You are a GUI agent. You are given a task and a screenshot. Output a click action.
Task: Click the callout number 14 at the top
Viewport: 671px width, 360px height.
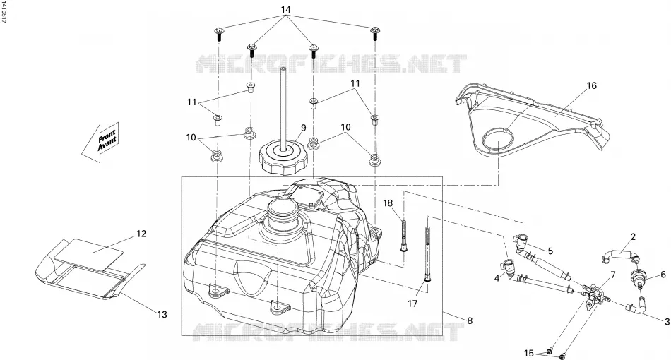[x=286, y=9]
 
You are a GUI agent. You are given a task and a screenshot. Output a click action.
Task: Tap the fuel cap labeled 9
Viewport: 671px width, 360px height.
[x=283, y=158]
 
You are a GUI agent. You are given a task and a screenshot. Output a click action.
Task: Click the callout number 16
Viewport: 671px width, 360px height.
[x=591, y=85]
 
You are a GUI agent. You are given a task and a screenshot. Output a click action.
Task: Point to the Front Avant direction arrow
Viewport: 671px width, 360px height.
[x=100, y=143]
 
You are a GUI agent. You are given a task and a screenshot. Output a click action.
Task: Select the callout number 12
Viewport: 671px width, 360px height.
[x=141, y=234]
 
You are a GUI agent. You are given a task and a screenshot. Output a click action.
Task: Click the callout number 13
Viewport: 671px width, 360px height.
[x=161, y=315]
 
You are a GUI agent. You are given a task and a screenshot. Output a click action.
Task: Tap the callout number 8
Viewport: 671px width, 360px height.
[x=470, y=320]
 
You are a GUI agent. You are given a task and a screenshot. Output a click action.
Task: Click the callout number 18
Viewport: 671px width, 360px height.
[x=388, y=203]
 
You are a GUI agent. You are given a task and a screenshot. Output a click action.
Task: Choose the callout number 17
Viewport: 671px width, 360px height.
[x=412, y=304]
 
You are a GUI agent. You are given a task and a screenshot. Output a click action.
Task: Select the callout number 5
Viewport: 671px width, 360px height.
[x=550, y=251]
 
